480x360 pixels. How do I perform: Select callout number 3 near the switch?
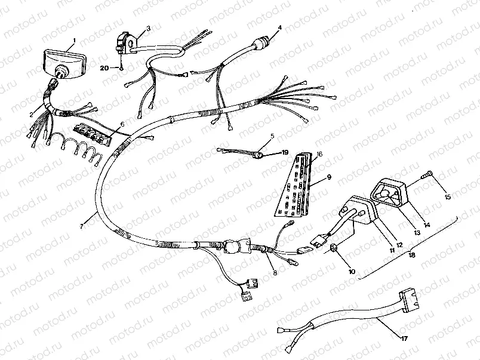[x=148, y=28]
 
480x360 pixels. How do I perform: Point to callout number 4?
[x=279, y=28]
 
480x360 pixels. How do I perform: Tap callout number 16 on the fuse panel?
[x=319, y=154]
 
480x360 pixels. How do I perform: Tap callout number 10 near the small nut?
[x=352, y=272]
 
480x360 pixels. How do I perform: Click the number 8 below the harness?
[x=275, y=273]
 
